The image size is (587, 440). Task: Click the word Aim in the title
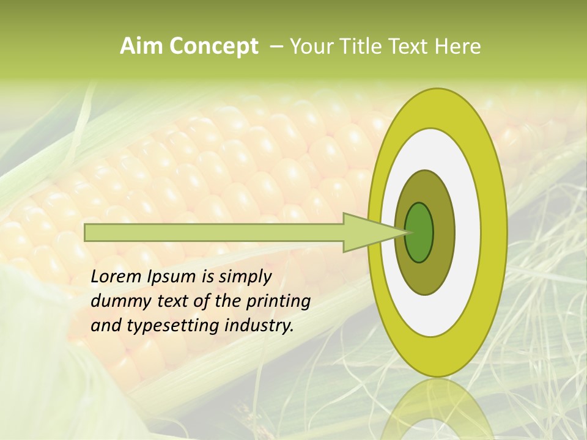tap(142, 46)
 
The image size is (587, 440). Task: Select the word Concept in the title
tap(213, 47)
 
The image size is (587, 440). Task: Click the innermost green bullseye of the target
tap(419, 233)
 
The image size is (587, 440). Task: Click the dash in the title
tap(276, 46)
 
